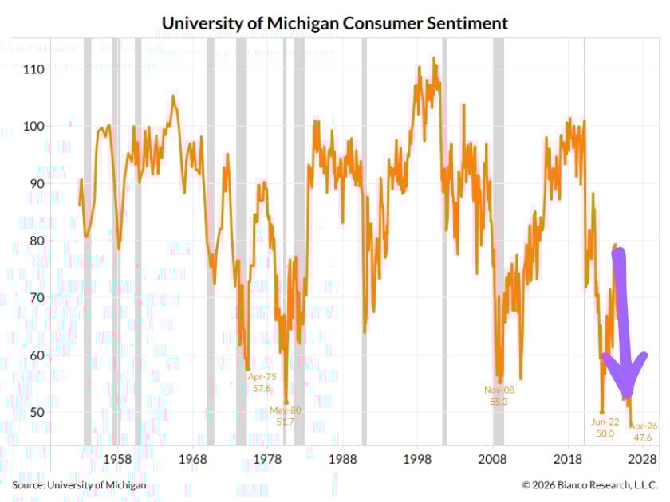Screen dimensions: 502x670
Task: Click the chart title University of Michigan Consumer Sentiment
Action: click(x=334, y=23)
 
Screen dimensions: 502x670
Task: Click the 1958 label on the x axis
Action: click(x=117, y=460)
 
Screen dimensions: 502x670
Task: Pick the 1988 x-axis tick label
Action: click(x=342, y=460)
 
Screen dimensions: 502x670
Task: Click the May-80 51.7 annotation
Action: click(x=286, y=415)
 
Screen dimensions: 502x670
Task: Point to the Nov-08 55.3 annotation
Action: click(x=499, y=396)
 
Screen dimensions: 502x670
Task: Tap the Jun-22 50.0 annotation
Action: click(x=605, y=427)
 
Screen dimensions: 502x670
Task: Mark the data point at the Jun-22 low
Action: click(x=602, y=412)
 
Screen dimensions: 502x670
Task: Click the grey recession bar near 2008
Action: click(x=498, y=239)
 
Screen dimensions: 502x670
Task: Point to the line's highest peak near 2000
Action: click(x=435, y=58)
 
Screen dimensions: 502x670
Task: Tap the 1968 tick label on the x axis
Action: click(x=192, y=460)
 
